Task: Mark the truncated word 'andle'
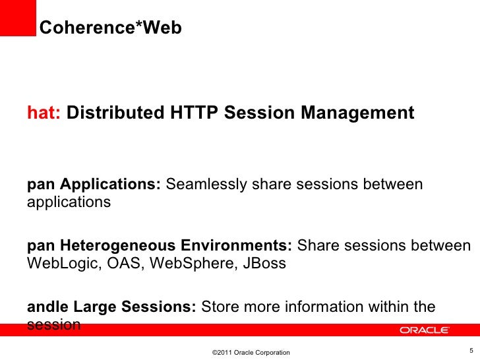[x=47, y=307]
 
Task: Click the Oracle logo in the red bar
[x=424, y=330]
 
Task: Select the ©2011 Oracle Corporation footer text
[x=251, y=353]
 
